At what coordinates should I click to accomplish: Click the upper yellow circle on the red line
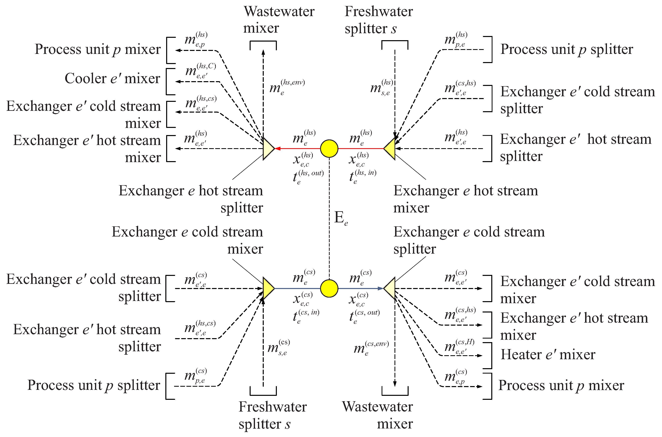pyautogui.click(x=329, y=149)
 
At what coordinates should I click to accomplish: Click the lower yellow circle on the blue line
pyautogui.click(x=329, y=288)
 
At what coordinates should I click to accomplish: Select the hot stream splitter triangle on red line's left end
pyautogui.click(x=268, y=149)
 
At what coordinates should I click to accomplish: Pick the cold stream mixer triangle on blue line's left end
pyautogui.click(x=268, y=288)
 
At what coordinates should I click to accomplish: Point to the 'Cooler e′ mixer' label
pyautogui.click(x=112, y=78)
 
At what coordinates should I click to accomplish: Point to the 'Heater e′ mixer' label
pyautogui.click(x=548, y=354)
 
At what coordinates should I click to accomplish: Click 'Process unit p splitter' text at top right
pyautogui.click(x=567, y=49)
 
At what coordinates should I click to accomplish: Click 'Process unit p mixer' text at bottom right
pyautogui.click(x=561, y=385)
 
